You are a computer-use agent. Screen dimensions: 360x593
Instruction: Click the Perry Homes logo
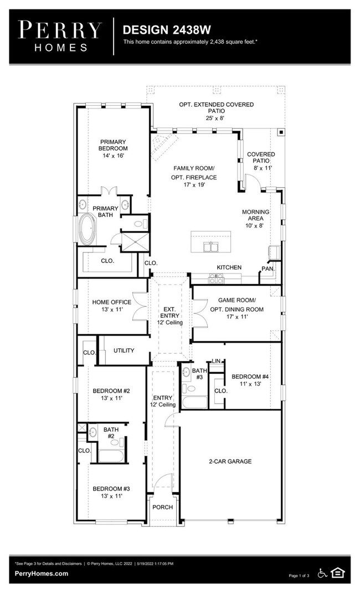[x=60, y=37]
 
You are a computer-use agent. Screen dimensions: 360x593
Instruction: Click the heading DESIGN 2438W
[x=167, y=30]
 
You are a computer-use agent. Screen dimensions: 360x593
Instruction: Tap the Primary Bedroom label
[x=113, y=145]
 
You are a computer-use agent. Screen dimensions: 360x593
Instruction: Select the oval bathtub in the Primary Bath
[x=88, y=229]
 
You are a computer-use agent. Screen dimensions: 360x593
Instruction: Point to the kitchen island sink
[x=212, y=247]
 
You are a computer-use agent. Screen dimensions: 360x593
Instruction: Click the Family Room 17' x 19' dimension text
[x=194, y=185]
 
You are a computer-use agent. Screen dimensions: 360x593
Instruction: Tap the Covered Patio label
[x=261, y=157]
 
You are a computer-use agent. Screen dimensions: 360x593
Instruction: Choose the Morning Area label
[x=256, y=215]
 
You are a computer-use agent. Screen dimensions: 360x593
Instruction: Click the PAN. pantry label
[x=268, y=269]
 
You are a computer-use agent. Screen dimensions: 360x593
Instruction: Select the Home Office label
[x=111, y=302]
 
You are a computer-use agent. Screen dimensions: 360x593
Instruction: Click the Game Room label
[x=236, y=300]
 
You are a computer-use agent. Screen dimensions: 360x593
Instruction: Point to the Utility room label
[x=124, y=350]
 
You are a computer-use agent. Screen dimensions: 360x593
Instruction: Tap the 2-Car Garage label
[x=230, y=461]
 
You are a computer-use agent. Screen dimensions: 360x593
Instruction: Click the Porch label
[x=163, y=507]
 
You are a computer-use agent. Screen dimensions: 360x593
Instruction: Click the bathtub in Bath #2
[x=111, y=456]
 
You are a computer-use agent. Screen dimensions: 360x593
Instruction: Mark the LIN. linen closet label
[x=216, y=361]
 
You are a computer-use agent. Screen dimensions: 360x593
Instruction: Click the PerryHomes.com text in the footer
[x=42, y=573]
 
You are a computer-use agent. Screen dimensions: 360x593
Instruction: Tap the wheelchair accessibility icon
[x=322, y=573]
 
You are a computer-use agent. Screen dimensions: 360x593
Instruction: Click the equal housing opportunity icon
[x=337, y=573]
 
